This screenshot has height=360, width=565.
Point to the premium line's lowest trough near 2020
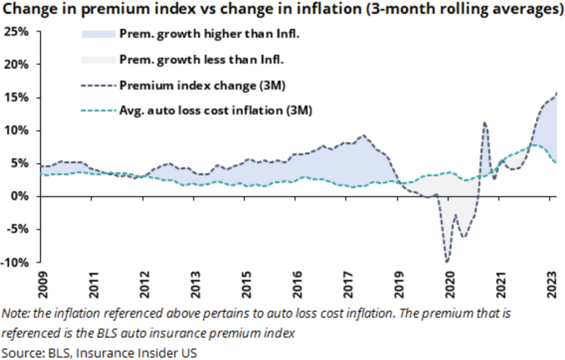(447, 262)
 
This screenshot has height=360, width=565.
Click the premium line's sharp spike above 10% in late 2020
(484, 123)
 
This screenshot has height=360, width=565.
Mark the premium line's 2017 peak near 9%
(363, 136)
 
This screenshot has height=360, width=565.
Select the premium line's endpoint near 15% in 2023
(557, 93)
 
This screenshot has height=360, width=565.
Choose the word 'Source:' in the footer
(22, 351)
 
